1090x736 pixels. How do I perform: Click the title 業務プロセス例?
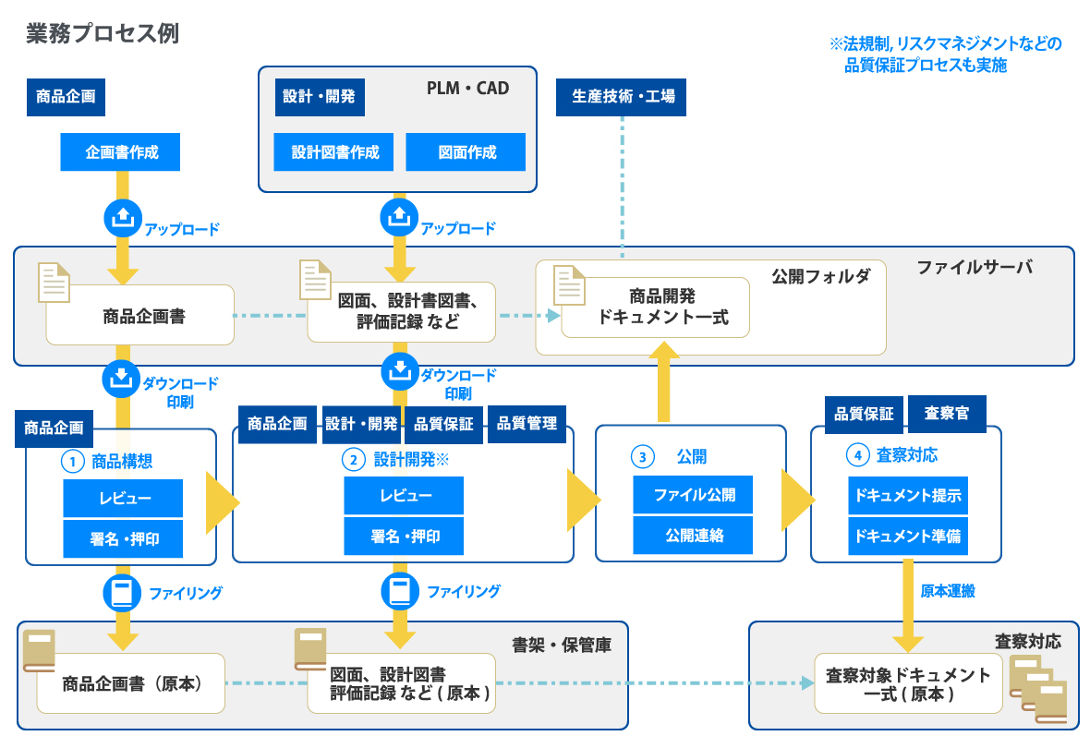103,34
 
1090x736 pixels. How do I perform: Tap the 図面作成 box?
466,152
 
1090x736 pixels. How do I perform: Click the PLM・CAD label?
467,89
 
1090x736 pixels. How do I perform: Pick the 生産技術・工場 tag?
622,97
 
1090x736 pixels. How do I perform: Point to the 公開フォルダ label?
820,276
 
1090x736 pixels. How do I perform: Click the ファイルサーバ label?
974,267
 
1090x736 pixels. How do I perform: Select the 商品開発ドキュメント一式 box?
656,308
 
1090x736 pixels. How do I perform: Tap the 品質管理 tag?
527,424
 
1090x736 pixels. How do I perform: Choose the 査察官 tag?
947,413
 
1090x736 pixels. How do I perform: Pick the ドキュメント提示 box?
908,496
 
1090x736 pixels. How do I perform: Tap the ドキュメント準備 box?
908,537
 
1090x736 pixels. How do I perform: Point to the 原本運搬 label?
948,591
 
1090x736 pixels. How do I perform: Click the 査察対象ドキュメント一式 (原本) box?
907,684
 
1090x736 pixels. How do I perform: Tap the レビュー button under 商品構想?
123,499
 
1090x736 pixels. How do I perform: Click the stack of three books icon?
1039,689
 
